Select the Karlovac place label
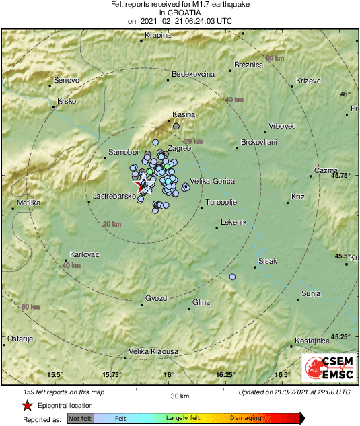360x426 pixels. point(85,255)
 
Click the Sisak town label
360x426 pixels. point(267,261)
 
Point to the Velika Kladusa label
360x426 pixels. point(153,351)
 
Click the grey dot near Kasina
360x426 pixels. point(176,125)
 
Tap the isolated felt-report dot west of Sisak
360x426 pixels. point(233,277)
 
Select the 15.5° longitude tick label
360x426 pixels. point(55,374)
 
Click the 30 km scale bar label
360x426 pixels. point(180,395)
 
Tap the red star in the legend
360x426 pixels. point(27,405)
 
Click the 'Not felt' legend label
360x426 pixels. point(80,418)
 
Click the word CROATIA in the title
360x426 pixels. point(180,12)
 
